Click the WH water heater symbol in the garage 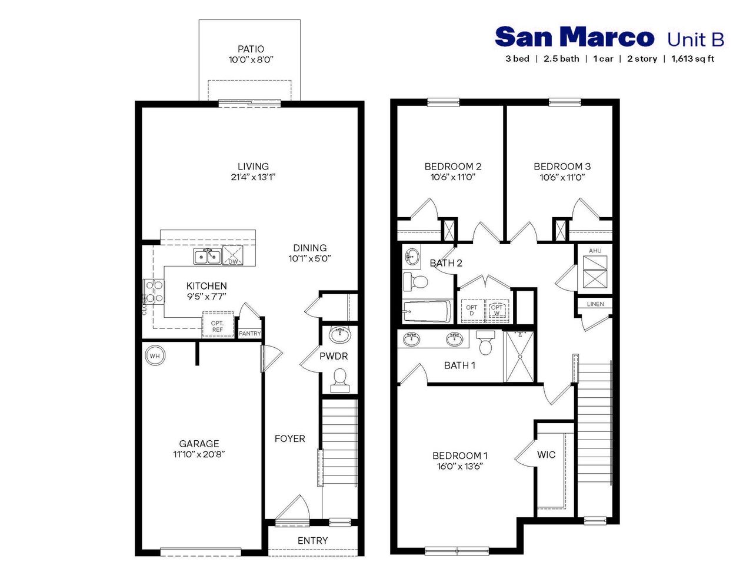point(155,356)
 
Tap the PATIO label point(251,49)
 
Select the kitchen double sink point(207,257)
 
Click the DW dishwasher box point(233,257)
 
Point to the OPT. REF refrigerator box point(218,326)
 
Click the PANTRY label point(250,334)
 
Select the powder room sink point(340,335)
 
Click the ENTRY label point(312,540)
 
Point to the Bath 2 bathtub point(427,311)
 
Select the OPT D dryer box point(472,310)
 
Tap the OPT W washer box point(497,310)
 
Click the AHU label point(595,251)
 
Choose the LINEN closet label point(595,304)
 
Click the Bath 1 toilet point(485,343)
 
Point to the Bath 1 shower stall point(519,357)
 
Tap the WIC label point(546,455)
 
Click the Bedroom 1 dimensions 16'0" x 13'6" point(459,466)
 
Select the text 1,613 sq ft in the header point(692,59)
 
